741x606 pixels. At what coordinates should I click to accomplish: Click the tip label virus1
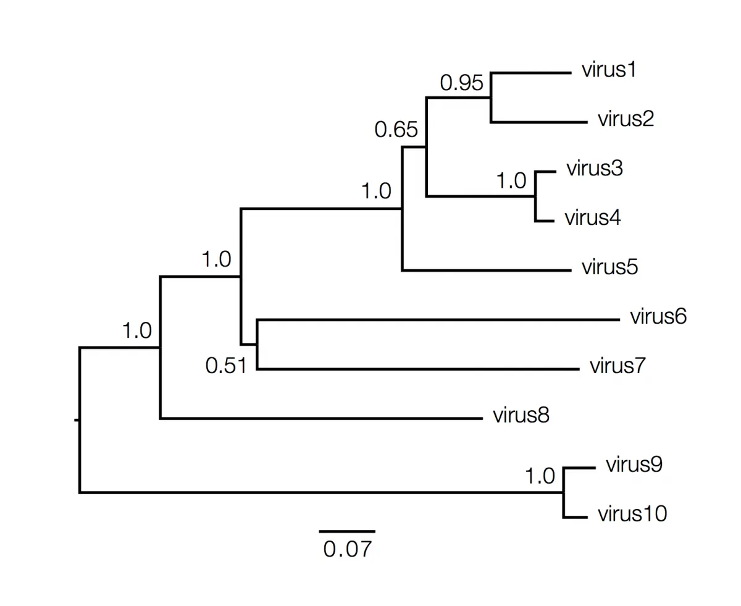[608, 70]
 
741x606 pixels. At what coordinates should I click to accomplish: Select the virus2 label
[625, 119]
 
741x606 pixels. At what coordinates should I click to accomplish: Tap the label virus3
[594, 169]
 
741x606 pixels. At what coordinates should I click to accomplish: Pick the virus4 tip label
[592, 218]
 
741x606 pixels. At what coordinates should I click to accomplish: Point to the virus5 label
[609, 267]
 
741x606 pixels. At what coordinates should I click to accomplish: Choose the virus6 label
[658, 316]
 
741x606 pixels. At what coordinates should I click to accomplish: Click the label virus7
[617, 366]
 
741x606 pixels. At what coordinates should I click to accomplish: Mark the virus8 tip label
[521, 415]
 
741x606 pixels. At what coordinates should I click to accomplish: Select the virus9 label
[634, 465]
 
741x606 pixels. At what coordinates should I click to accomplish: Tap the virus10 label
[632, 514]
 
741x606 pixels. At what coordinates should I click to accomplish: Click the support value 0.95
[461, 83]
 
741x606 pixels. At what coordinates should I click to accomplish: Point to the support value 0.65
[396, 130]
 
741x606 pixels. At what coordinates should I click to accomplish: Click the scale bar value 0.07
[348, 549]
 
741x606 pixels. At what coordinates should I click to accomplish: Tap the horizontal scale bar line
[347, 531]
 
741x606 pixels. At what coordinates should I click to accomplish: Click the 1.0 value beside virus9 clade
[540, 477]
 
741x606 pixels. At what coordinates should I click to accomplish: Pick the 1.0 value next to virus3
[512, 181]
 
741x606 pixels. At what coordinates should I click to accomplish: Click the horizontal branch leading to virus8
[321, 419]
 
